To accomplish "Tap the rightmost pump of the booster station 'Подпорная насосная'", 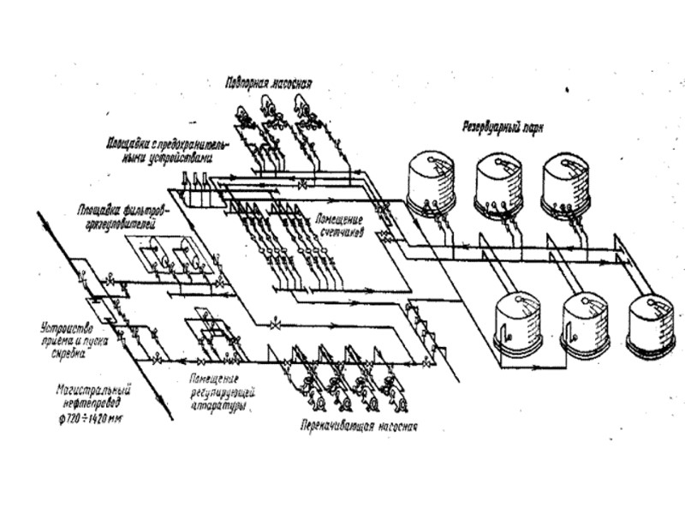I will click(x=301, y=110).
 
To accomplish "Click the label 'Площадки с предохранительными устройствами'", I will click(x=166, y=147).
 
